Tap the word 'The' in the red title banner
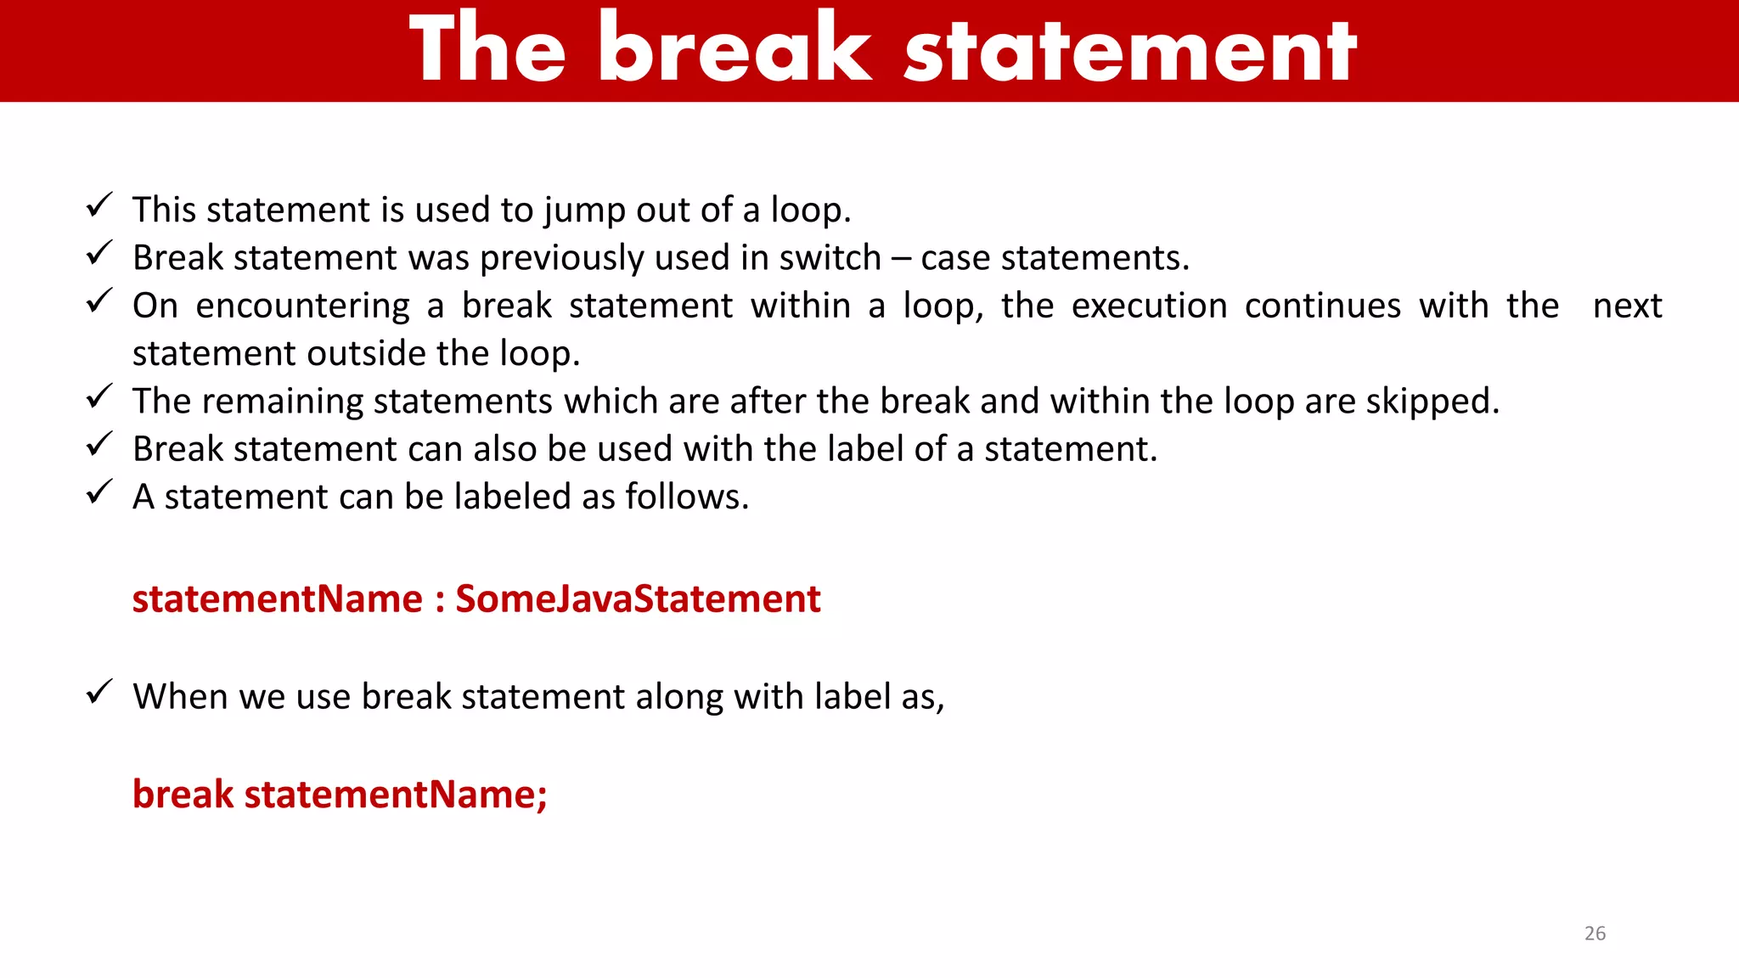(487, 49)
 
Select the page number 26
(1595, 933)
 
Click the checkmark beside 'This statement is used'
(99, 205)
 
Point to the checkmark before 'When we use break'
(99, 692)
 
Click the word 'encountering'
(302, 306)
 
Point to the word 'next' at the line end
(1627, 306)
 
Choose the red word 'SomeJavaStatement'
(638, 599)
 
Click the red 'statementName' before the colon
(277, 599)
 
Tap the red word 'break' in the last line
(183, 795)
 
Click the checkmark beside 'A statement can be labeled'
(99, 492)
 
